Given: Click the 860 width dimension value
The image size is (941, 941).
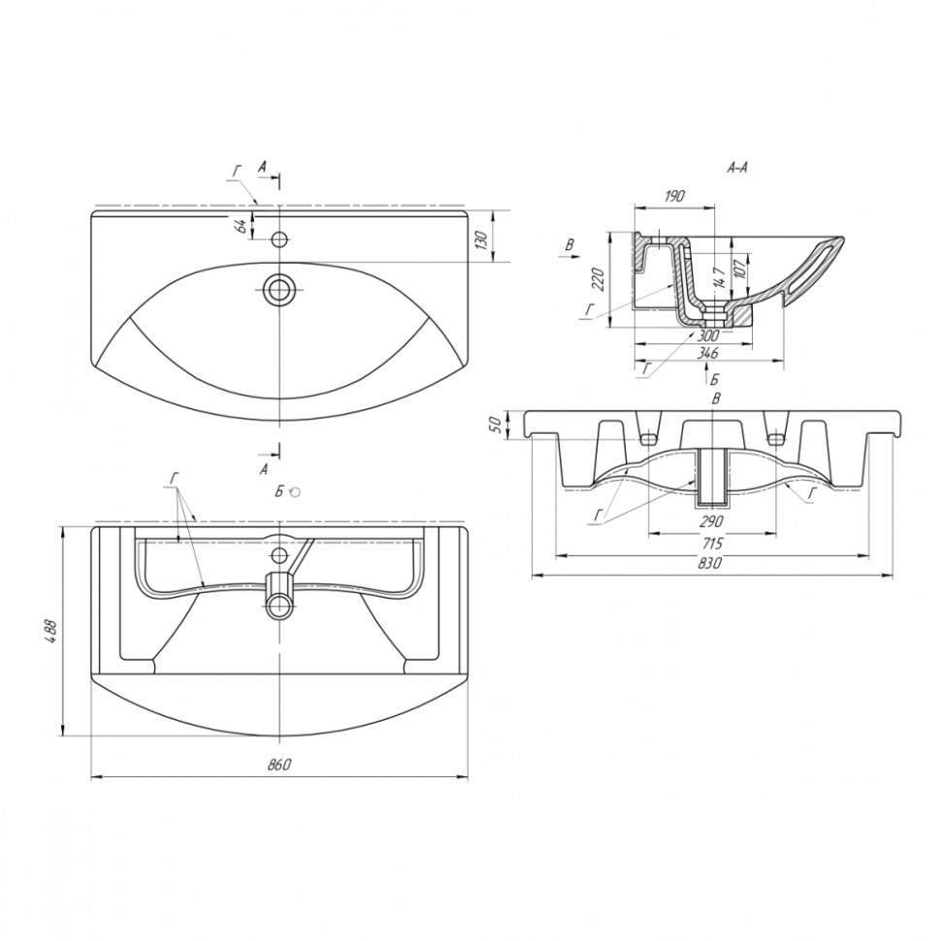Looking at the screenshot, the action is [x=279, y=764].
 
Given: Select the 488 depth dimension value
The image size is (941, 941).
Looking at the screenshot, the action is [x=51, y=631].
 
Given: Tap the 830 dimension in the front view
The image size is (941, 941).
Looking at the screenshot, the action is [x=710, y=563].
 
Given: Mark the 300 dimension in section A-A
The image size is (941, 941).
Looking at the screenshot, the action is [x=709, y=334].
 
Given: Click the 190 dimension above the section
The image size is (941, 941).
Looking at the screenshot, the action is [x=675, y=196].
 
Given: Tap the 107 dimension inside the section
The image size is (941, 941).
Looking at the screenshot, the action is [x=740, y=266].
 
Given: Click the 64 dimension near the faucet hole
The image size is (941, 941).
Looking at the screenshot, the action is [x=240, y=227].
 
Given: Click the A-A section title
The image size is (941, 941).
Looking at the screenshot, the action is [x=737, y=169].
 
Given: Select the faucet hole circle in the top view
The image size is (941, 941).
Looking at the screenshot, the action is [x=278, y=240].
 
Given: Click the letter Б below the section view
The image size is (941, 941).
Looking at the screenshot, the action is [x=715, y=379].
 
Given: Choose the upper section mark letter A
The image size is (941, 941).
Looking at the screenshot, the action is [x=262, y=168].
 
